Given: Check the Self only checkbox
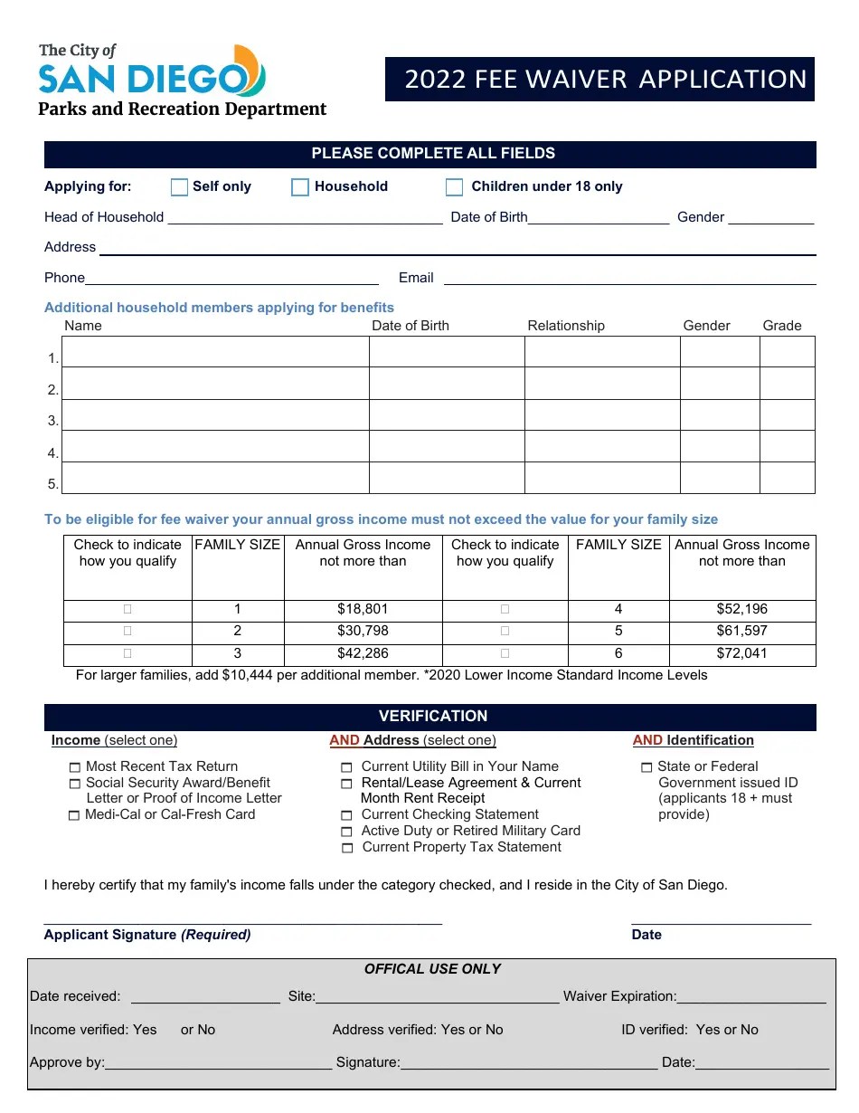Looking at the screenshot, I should point(179,187).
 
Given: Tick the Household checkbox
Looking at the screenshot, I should point(300,187).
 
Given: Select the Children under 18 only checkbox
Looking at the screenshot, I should point(454,187).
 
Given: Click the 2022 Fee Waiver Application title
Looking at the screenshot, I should point(605,80).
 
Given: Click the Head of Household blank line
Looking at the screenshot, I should point(305,218).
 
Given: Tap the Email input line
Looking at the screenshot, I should point(629,279).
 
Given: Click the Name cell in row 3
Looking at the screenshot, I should point(215,415).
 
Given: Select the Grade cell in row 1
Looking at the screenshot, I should point(787,352).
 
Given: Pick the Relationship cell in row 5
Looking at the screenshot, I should point(601,478).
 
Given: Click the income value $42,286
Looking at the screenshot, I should point(363,653).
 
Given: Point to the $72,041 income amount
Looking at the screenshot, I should point(741,653).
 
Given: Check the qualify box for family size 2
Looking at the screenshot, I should point(127,631).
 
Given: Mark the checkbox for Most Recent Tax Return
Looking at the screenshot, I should point(74,767).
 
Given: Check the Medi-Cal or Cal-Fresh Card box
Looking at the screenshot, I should point(74,816).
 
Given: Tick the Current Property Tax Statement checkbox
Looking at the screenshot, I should point(347,849).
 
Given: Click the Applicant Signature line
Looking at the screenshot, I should point(242,920).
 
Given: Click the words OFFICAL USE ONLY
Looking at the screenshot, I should point(432,969).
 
